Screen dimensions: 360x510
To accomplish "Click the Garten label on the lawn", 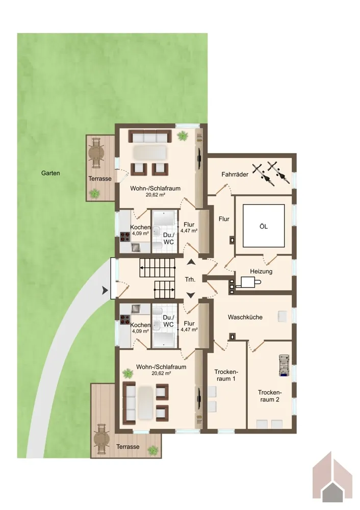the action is tap(50, 173).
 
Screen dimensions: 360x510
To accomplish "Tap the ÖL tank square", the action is tap(264, 226).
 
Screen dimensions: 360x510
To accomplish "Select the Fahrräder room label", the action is tap(235, 174).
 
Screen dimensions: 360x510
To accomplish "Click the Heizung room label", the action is tap(261, 271).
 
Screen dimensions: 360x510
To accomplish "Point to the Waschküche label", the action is tap(245, 317).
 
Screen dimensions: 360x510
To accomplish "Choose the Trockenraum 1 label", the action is tap(226, 375).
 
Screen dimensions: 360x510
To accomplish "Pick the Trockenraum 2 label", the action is tap(270, 396).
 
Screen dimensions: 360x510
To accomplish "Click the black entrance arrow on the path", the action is tap(105, 291).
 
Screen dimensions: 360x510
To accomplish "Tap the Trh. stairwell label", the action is tap(190, 279).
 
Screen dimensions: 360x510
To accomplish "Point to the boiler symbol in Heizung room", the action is tap(251, 282).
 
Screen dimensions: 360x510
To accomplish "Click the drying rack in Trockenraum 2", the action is tap(284, 366).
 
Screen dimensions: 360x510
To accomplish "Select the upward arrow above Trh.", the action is tap(190, 262).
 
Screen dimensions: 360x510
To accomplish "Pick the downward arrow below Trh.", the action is tap(190, 295).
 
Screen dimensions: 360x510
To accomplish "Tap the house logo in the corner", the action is tap(332, 479).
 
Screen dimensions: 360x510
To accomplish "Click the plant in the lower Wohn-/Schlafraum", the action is tap(128, 374).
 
